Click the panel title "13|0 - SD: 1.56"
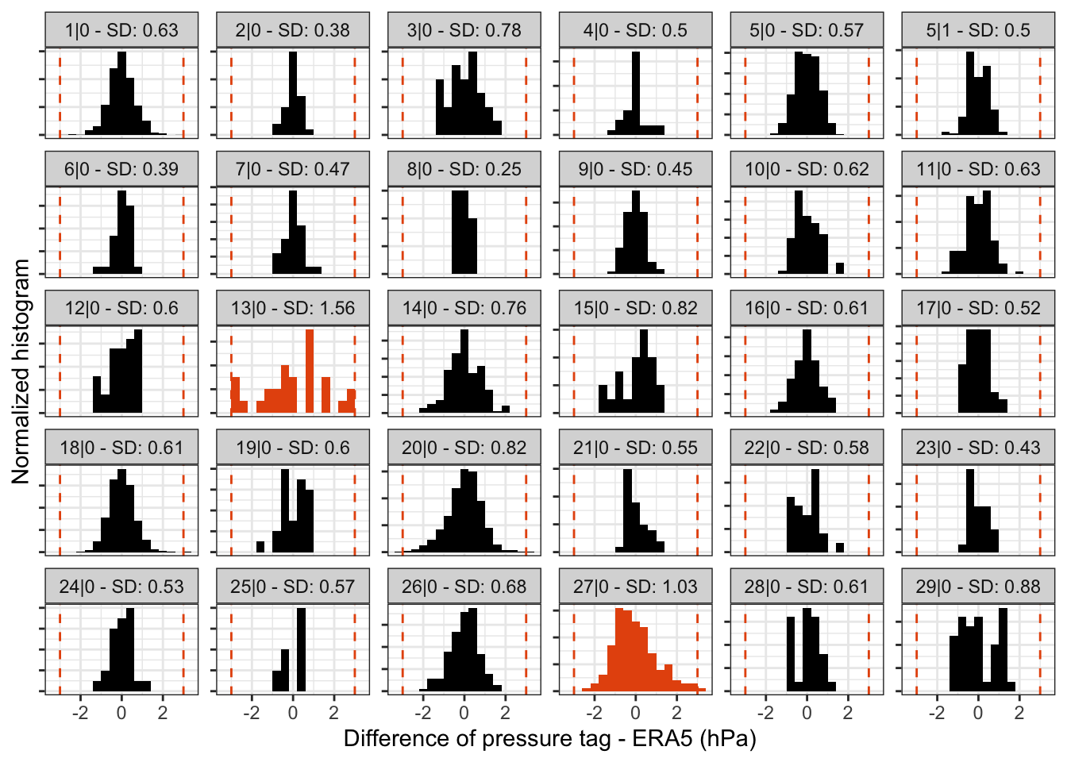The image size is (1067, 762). click(x=293, y=308)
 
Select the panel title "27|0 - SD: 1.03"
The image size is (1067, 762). click(x=635, y=587)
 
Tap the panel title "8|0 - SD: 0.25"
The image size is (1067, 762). click(x=464, y=169)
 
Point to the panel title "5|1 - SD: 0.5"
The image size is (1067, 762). click(x=978, y=30)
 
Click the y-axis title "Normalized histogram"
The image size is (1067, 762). click(x=21, y=371)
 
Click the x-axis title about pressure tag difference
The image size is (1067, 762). click(x=549, y=739)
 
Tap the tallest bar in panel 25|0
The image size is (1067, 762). click(x=302, y=649)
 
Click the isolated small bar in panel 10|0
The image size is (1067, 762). click(x=840, y=268)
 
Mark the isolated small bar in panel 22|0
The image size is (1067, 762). click(x=840, y=547)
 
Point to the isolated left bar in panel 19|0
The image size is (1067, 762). click(x=260, y=546)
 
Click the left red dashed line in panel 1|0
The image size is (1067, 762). click(x=60, y=94)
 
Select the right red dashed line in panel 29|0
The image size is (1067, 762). click(x=1040, y=649)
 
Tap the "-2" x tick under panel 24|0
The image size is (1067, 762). click(x=80, y=713)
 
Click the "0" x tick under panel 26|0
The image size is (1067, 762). click(x=464, y=713)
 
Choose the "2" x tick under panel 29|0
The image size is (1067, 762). click(x=1019, y=713)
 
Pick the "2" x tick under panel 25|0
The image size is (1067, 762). click(x=334, y=713)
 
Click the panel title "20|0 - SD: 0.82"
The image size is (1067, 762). click(x=464, y=448)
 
